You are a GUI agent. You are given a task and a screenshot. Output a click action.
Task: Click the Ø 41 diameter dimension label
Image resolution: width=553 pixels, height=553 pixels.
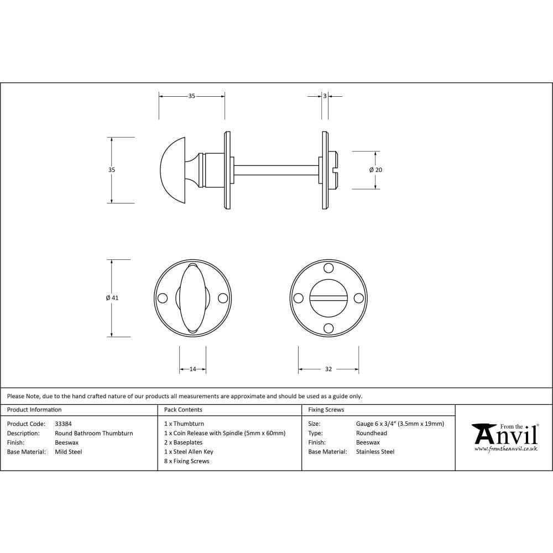(112, 298)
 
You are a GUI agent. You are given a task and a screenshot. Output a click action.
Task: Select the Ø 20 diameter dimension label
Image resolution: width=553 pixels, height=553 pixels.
(376, 170)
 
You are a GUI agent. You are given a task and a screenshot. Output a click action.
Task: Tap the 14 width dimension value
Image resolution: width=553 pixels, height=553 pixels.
(192, 369)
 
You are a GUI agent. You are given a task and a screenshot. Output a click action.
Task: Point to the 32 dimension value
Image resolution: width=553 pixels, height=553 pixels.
(328, 369)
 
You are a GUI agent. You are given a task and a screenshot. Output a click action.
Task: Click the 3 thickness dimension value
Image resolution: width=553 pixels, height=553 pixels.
(325, 96)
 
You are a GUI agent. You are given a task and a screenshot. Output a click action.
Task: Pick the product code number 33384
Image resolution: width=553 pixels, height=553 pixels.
(64, 424)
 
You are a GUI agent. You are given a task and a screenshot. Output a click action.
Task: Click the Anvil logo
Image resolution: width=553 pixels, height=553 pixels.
(504, 437)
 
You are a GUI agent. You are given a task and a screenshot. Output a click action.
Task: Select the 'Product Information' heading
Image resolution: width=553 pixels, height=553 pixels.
(34, 410)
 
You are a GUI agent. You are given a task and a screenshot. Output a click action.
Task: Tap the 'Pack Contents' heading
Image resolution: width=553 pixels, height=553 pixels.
(183, 410)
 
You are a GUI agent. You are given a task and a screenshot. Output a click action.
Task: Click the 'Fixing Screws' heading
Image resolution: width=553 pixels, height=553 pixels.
(326, 410)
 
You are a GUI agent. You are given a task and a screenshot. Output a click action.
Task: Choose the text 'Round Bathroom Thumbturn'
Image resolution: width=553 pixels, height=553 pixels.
(94, 433)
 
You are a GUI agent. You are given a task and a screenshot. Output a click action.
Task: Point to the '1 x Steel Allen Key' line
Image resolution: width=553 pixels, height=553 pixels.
(189, 452)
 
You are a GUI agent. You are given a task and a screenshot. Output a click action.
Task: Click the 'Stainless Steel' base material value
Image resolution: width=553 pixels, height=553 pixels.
(375, 452)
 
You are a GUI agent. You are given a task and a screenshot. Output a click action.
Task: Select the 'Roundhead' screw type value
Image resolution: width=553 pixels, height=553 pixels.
(372, 433)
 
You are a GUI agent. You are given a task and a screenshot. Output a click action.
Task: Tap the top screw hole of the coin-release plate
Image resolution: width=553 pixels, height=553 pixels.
(328, 269)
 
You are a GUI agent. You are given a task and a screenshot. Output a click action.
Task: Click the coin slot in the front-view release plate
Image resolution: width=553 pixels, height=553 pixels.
(328, 299)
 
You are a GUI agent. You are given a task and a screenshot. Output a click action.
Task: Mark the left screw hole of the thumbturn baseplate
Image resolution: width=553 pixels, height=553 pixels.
(163, 298)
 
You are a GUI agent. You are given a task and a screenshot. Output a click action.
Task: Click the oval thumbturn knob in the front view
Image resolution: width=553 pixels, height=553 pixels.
(192, 298)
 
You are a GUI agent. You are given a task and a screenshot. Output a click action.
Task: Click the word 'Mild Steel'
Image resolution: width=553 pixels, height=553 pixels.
(69, 452)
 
